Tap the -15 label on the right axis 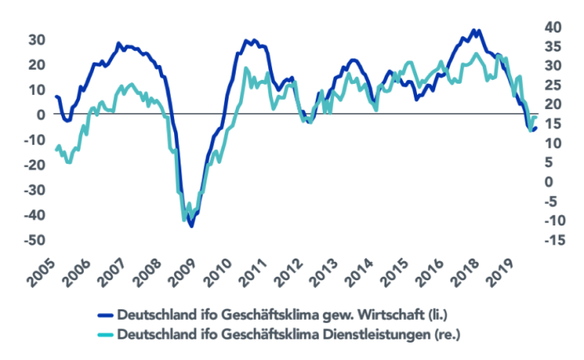click(x=557, y=240)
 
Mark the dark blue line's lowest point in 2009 click(x=192, y=225)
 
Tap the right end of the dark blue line click(x=536, y=127)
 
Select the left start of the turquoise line click(x=55, y=149)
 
